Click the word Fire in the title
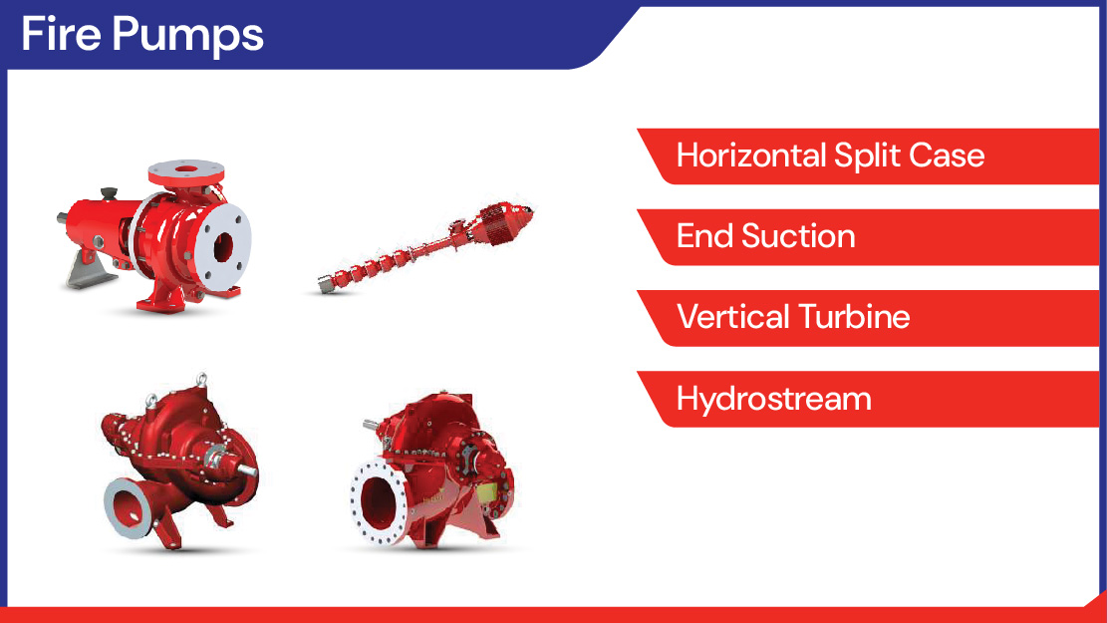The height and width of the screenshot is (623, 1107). (x=61, y=33)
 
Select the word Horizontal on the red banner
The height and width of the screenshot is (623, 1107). (x=751, y=156)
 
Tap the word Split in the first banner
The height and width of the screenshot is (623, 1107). (x=867, y=156)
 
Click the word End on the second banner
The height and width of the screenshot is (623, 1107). (x=704, y=236)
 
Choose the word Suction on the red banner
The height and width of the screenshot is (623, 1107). (x=798, y=236)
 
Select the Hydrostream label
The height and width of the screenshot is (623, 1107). (x=774, y=399)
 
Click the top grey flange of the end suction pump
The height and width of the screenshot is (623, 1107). (x=185, y=170)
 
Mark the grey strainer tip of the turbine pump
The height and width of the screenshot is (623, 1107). (x=325, y=285)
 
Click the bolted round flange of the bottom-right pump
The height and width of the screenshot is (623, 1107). (x=380, y=501)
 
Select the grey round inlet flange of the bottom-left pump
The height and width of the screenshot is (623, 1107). (x=128, y=507)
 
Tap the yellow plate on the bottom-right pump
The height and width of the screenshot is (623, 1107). (x=486, y=493)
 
